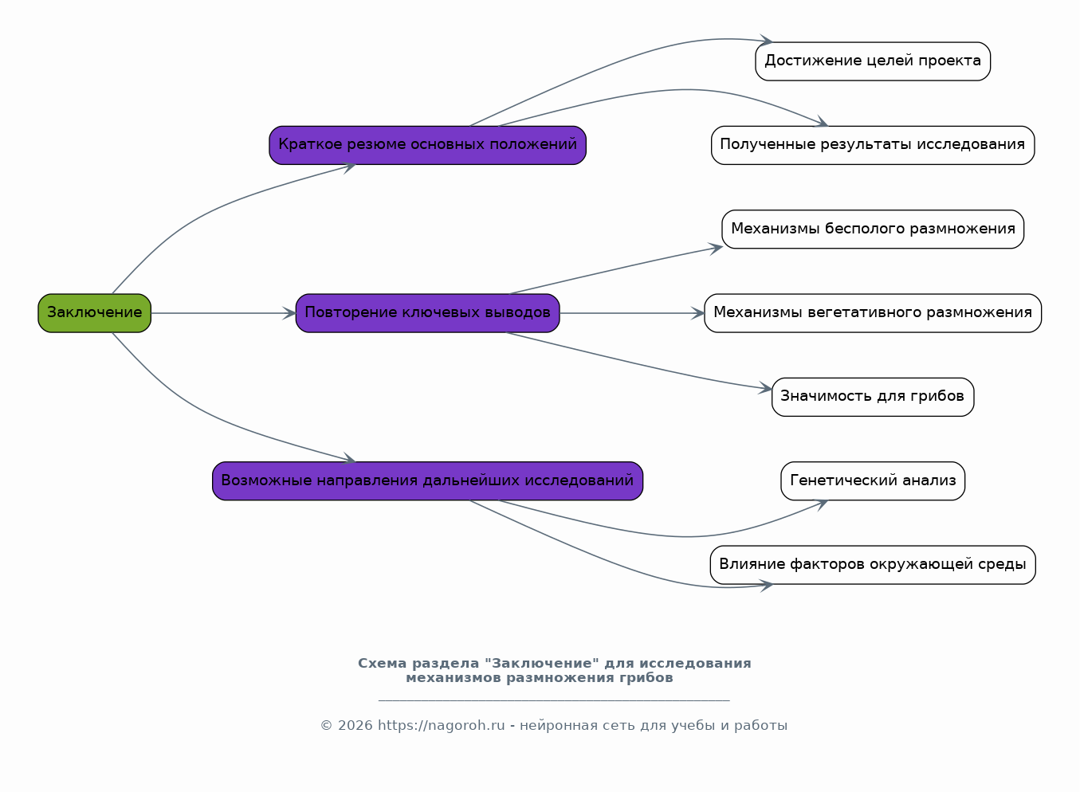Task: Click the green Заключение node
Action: pos(95,313)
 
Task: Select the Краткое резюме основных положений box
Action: pos(427,145)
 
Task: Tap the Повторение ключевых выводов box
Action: pos(427,313)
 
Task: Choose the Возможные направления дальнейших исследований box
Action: pos(427,480)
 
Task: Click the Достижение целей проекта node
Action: pos(873,61)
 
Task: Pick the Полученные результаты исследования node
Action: pos(873,145)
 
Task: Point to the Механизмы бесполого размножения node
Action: pos(873,229)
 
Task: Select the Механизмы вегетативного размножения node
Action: pos(873,313)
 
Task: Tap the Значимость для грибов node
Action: pos(873,397)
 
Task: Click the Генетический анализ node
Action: pos(873,480)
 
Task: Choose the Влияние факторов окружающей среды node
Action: pos(873,564)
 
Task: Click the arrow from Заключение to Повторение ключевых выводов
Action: pos(223,313)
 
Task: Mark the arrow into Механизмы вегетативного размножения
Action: pos(631,313)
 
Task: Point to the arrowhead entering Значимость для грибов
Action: pos(765,387)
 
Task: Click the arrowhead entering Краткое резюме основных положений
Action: pos(350,167)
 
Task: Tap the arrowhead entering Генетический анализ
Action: pos(822,504)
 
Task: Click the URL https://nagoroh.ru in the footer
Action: pos(441,725)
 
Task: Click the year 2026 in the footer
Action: pos(355,725)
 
